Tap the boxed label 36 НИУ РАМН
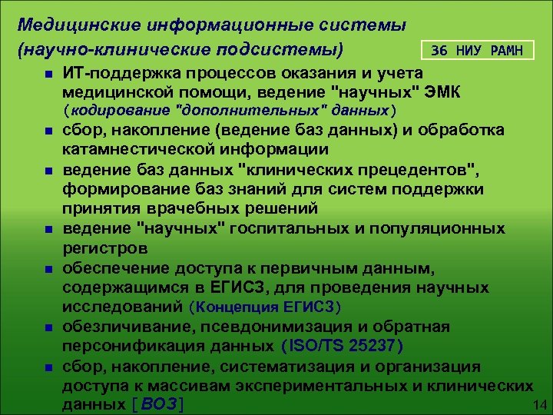click(x=477, y=51)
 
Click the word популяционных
click(x=438, y=228)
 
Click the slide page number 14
click(x=538, y=405)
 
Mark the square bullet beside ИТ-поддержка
click(x=48, y=75)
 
